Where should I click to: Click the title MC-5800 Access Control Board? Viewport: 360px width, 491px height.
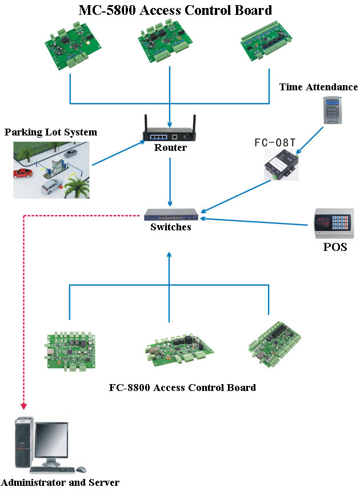pyautogui.click(x=175, y=10)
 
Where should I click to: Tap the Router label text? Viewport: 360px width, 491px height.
pyautogui.click(x=170, y=148)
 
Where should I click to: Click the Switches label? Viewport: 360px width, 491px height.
pyautogui.click(x=170, y=227)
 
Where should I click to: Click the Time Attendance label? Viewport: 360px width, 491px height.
pyautogui.click(x=318, y=87)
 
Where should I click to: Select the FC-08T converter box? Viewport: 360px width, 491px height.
pyautogui.click(x=280, y=166)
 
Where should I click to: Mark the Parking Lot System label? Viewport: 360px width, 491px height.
pyautogui.click(x=51, y=133)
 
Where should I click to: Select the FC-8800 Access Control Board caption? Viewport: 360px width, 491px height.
pyautogui.click(x=182, y=388)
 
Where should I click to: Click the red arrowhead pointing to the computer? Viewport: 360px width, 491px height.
pyautogui.click(x=23, y=406)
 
